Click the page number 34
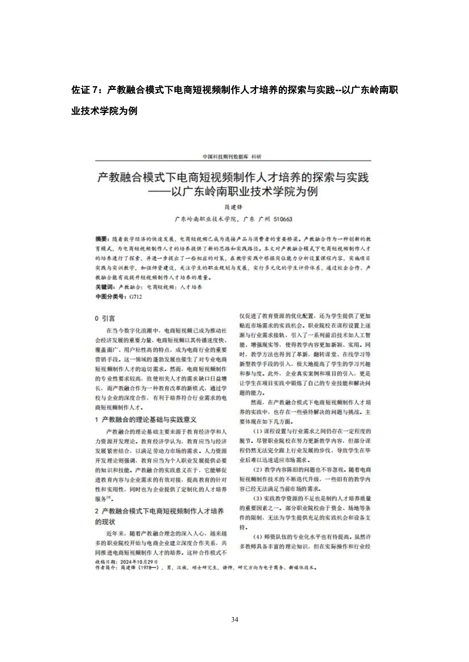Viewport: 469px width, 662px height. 234,619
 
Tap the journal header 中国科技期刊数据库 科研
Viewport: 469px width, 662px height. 232,157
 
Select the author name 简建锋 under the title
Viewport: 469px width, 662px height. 233,207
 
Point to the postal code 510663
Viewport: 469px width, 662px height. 283,219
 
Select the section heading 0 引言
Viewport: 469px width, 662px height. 105,318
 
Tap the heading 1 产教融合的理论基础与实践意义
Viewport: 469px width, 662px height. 146,420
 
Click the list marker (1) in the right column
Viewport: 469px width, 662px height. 257,431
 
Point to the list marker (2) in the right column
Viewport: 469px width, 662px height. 257,470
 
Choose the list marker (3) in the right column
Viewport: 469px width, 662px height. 257,498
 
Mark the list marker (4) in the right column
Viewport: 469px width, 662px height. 257,537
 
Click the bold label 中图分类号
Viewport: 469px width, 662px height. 110,297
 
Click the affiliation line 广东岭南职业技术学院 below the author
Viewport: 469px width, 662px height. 205,219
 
